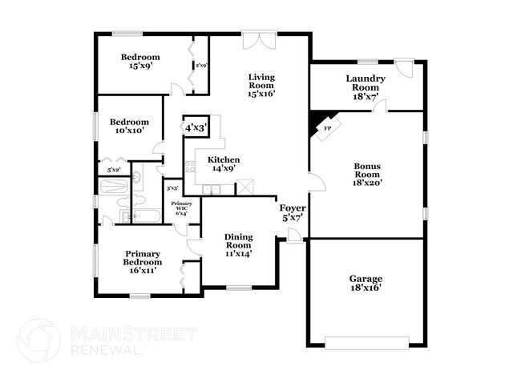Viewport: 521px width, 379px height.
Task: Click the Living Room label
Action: (262, 85)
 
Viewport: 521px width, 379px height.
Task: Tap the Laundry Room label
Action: (366, 87)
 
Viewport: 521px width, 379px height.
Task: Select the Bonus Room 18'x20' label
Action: (367, 174)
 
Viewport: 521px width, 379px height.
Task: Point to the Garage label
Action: (365, 283)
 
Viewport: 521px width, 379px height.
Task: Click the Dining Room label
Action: (238, 243)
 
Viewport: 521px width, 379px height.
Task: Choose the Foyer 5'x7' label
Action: (290, 212)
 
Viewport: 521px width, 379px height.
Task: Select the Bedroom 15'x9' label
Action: (140, 62)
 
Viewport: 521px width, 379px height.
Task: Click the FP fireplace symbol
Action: (327, 128)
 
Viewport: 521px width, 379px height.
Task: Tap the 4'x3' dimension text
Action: (196, 127)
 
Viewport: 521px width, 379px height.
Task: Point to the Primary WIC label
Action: (182, 208)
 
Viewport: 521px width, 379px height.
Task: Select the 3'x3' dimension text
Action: (172, 187)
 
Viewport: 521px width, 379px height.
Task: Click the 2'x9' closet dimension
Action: (200, 66)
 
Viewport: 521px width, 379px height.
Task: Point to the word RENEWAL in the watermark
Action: (105, 350)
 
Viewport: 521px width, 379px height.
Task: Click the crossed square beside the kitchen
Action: (245, 187)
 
